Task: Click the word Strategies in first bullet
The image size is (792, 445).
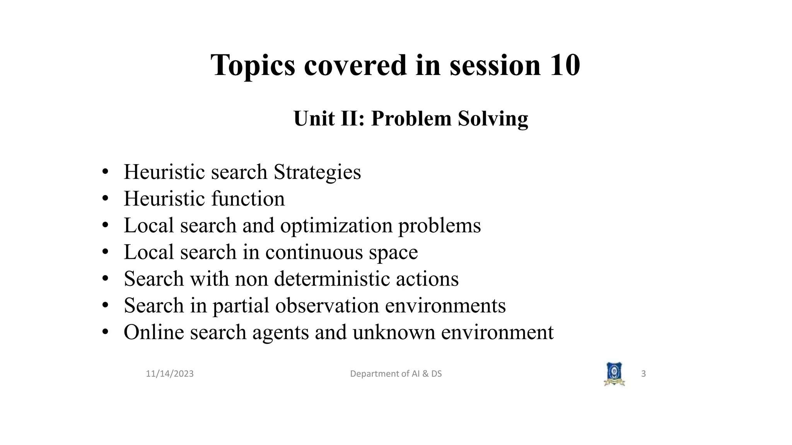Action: [x=317, y=172]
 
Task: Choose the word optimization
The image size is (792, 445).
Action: [x=336, y=226]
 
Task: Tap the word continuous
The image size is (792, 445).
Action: [x=314, y=252]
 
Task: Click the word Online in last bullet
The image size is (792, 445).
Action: [x=154, y=332]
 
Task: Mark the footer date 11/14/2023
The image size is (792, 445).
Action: [x=169, y=374]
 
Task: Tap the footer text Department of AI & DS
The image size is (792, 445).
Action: [x=396, y=374]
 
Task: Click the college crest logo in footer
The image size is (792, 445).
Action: [x=614, y=374]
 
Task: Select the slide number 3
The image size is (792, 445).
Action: [x=643, y=374]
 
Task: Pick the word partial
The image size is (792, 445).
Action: [x=241, y=306]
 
